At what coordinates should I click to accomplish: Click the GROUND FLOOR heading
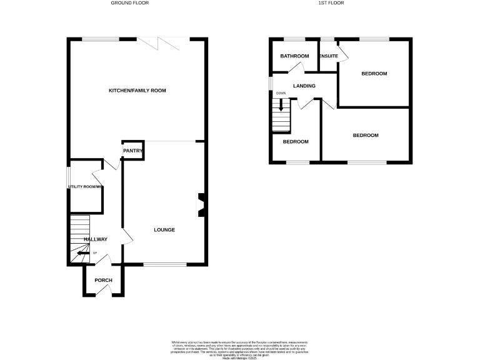(130, 3)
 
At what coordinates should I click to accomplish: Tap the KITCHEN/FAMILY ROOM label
(137, 91)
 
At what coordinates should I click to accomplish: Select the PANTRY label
(133, 151)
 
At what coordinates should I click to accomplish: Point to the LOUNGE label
(164, 230)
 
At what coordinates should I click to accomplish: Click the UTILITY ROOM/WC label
(86, 186)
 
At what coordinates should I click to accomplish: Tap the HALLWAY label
(96, 239)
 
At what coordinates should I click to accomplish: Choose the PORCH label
(103, 280)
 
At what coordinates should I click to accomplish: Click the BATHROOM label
(294, 56)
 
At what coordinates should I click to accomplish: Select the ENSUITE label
(329, 56)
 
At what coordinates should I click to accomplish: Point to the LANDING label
(304, 86)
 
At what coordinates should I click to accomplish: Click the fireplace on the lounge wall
(201, 205)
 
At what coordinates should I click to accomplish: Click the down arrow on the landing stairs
(281, 106)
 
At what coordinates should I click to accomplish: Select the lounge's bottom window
(164, 264)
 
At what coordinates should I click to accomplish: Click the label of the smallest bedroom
(296, 142)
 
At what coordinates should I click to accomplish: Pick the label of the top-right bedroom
(374, 74)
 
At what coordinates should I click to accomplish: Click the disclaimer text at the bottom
(240, 349)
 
